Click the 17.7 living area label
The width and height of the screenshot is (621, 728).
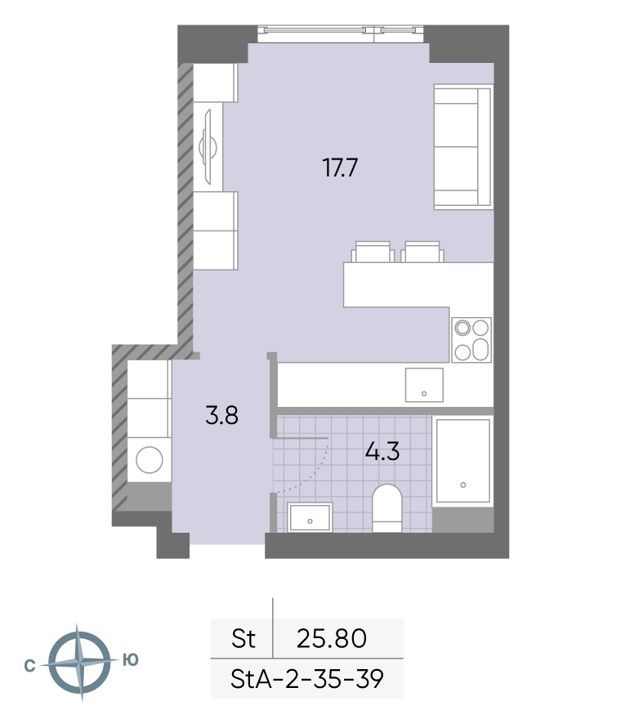[x=340, y=167]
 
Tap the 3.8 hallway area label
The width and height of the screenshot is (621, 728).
[x=222, y=415]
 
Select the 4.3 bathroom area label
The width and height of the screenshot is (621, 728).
[x=382, y=451]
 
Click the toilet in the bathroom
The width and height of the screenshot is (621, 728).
[x=387, y=508]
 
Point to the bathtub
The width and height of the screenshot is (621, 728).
[x=462, y=460]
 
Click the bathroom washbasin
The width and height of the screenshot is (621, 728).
[x=310, y=516]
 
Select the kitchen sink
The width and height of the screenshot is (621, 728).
[x=424, y=385]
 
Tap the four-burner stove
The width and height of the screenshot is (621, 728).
[x=471, y=341]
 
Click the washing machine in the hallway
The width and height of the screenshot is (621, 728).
[x=149, y=460]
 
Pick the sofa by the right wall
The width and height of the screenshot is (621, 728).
[x=463, y=147]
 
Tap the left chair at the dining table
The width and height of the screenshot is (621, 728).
[x=373, y=252]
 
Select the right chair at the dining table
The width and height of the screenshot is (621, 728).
[x=422, y=252]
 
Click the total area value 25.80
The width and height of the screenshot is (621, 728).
[x=332, y=638]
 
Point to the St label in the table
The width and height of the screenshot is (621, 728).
[x=243, y=638]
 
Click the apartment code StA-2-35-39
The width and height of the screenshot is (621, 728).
[x=307, y=679]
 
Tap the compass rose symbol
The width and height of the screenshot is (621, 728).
[x=80, y=662]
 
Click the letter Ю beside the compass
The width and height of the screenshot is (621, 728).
[x=131, y=659]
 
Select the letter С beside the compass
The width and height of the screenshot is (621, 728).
[x=29, y=666]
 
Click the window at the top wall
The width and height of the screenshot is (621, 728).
[x=341, y=33]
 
